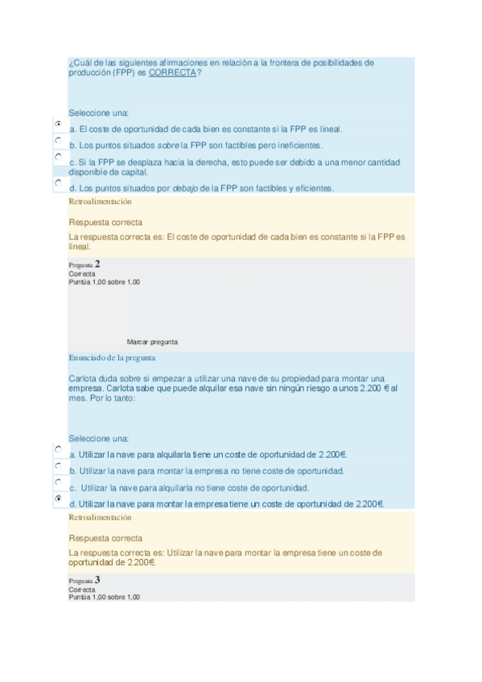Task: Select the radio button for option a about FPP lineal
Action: point(59,125)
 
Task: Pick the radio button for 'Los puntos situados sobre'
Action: point(59,141)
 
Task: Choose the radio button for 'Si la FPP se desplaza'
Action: point(59,158)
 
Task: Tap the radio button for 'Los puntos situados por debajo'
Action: point(59,183)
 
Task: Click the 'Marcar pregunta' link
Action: point(152,342)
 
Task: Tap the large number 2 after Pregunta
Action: point(97,264)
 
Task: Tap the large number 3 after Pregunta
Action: point(97,580)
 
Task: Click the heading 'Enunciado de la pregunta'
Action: point(112,357)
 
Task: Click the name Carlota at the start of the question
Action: point(84,379)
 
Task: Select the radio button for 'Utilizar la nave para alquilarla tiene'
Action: point(59,449)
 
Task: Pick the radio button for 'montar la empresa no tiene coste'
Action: point(59,466)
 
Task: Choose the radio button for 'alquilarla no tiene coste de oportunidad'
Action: point(59,482)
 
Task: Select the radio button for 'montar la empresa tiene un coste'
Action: point(59,499)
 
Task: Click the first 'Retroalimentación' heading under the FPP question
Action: point(100,203)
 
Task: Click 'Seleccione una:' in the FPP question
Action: point(98,113)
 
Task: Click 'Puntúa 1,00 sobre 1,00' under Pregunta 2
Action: point(104,281)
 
